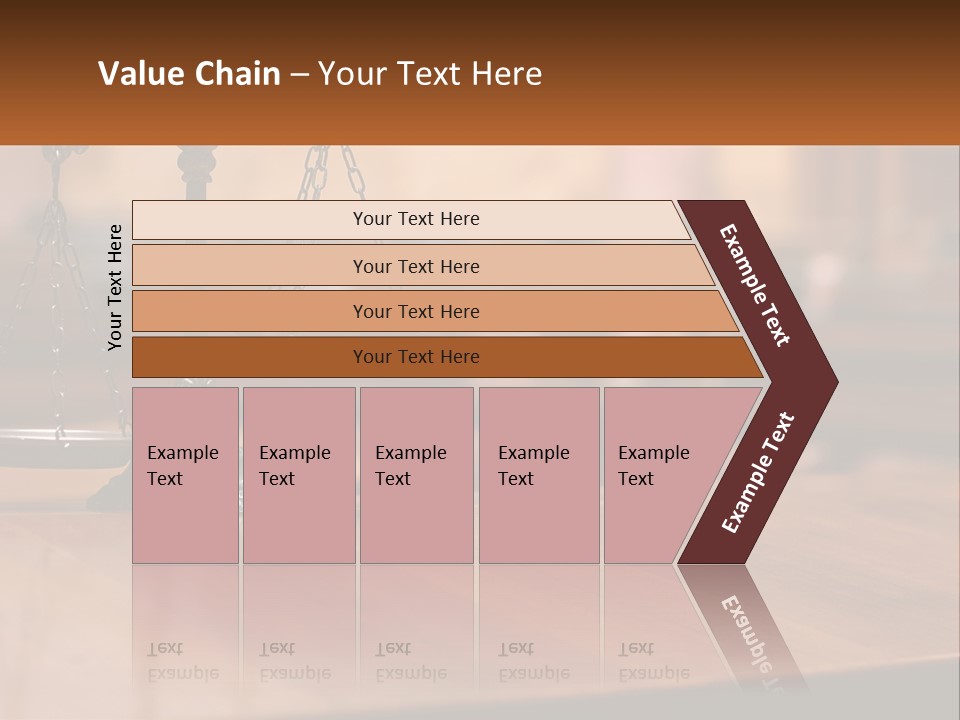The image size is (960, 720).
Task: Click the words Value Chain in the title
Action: tap(189, 74)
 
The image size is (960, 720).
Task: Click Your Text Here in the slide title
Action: tap(430, 74)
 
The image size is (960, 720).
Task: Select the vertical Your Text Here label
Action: tap(115, 287)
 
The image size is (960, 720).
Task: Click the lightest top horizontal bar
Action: tap(410, 220)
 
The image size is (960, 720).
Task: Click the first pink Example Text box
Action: tap(185, 475)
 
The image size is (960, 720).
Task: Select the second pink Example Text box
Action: tap(298, 475)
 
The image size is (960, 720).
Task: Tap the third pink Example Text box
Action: tap(416, 475)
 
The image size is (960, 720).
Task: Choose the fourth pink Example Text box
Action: tap(538, 475)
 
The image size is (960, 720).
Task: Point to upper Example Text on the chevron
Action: tap(755, 285)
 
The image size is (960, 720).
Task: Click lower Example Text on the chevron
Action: tap(758, 473)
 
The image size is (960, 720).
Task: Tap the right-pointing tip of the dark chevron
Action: tap(830, 381)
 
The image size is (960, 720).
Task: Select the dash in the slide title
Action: tap(299, 75)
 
